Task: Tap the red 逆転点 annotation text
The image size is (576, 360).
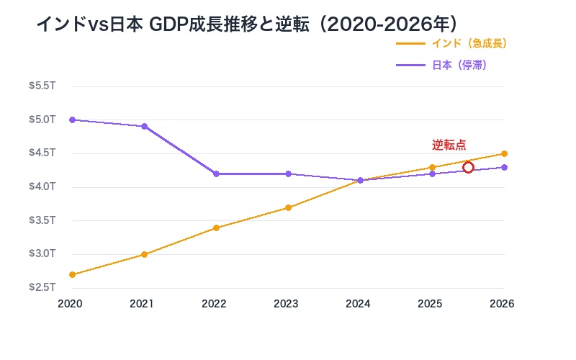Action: (449, 145)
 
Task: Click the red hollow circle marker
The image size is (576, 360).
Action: (468, 168)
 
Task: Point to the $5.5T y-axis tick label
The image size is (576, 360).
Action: (42, 86)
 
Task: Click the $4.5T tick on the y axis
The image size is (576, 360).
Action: (42, 153)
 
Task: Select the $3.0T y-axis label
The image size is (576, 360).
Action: (42, 253)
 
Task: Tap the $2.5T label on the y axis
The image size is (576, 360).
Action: (42, 287)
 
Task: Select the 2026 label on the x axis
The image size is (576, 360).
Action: (502, 304)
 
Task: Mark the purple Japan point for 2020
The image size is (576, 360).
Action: (72, 120)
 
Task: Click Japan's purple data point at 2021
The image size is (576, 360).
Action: (144, 127)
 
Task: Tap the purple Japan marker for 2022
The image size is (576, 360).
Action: (216, 174)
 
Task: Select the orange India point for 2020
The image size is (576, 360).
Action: (72, 274)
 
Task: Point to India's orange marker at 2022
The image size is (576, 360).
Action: (216, 228)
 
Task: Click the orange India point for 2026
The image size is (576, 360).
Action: (504, 153)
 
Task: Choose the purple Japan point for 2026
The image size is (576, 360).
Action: (504, 167)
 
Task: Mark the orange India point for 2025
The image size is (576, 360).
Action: (432, 167)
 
